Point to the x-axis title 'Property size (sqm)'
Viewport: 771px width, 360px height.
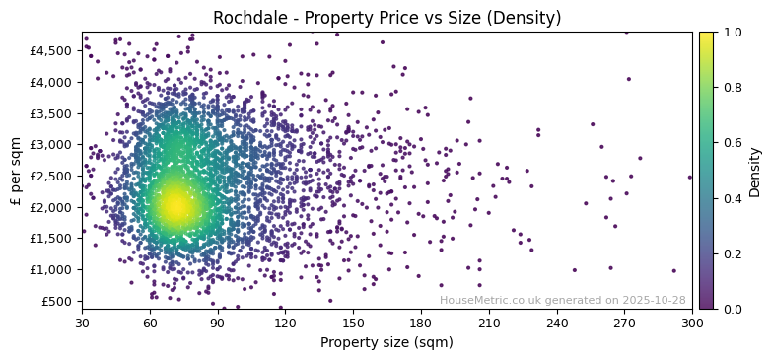coord(386,343)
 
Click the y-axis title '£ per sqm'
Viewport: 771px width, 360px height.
coord(16,171)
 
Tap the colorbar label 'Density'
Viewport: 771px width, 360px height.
coord(754,171)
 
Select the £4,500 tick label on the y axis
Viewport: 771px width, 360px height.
coord(52,50)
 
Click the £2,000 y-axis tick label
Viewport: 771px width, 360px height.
coord(52,207)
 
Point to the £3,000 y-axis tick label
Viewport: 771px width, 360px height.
coord(52,144)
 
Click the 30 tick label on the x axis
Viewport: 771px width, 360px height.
coord(82,323)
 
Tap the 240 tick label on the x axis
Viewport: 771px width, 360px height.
coord(557,323)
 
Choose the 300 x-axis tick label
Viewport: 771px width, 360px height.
coord(692,323)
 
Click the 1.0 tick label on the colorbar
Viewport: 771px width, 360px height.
coord(731,33)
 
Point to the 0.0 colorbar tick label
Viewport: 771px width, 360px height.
coord(731,309)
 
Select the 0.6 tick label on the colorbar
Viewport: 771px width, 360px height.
coord(731,143)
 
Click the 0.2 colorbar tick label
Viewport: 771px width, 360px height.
coord(731,253)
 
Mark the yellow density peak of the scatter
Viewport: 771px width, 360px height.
coord(174,205)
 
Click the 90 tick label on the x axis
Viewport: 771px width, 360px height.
coord(218,323)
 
